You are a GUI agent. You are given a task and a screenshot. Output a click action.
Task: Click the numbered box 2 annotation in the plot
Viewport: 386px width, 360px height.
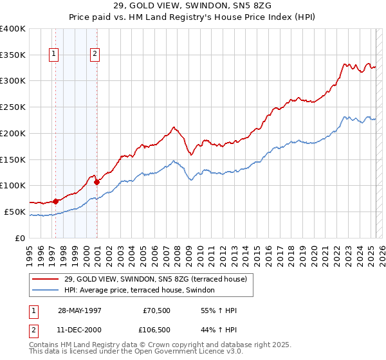[95, 55]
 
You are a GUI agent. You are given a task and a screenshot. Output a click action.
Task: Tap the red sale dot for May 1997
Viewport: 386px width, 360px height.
[56, 201]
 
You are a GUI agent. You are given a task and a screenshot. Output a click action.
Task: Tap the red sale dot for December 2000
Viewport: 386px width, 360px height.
[97, 182]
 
